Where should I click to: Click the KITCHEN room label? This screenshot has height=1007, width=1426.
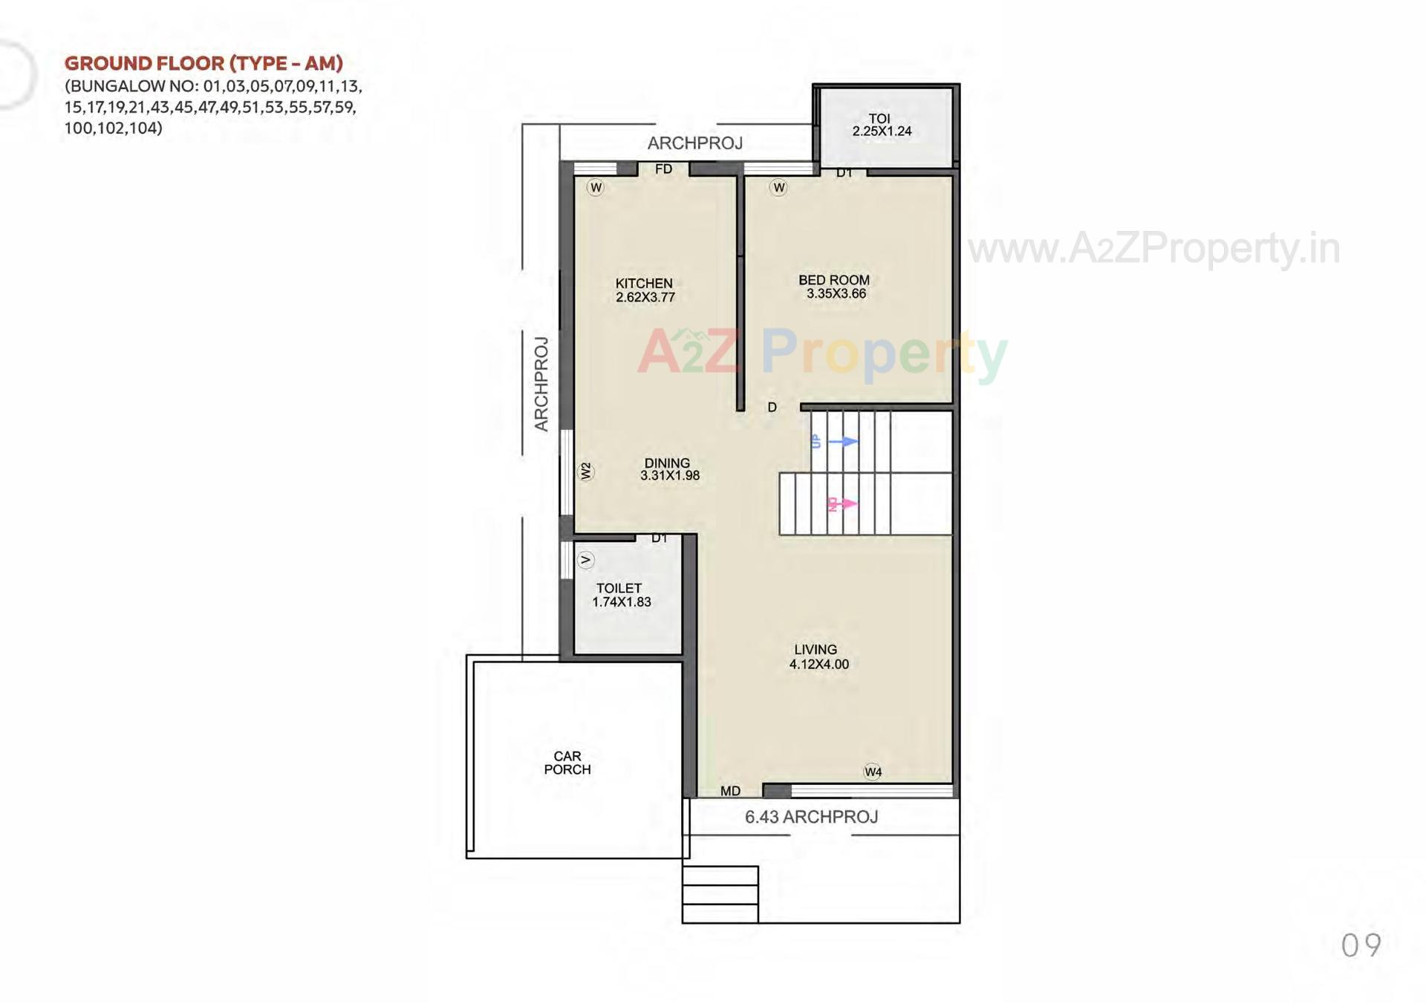[x=644, y=283]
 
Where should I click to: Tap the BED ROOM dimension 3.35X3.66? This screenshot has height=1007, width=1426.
[x=836, y=294]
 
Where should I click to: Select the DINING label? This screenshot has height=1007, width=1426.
[x=667, y=463]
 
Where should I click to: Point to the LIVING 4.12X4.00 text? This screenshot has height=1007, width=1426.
[x=818, y=657]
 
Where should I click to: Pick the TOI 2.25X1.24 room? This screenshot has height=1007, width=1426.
[x=882, y=125]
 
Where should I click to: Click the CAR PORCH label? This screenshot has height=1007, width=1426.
[x=567, y=763]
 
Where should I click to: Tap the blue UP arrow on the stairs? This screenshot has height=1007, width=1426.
[x=843, y=442]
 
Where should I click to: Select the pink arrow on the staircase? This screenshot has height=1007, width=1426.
[x=845, y=504]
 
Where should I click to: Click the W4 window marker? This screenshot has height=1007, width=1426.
[x=873, y=772]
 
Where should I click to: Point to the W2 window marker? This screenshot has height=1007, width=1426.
[x=586, y=472]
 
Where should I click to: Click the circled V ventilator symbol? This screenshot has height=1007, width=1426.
[x=585, y=560]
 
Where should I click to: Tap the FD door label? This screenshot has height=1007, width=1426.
[x=663, y=169]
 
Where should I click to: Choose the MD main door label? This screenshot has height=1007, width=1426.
[x=730, y=792]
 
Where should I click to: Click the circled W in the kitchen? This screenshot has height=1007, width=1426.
[x=596, y=187]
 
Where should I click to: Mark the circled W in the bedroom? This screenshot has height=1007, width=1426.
[x=778, y=187]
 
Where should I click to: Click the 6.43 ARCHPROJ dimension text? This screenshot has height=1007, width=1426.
[x=811, y=817]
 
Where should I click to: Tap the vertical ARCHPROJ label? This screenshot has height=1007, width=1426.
[x=541, y=384]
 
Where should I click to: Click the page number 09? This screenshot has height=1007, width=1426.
[x=1361, y=945]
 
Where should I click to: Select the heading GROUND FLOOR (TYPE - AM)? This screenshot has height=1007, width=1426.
[x=204, y=63]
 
